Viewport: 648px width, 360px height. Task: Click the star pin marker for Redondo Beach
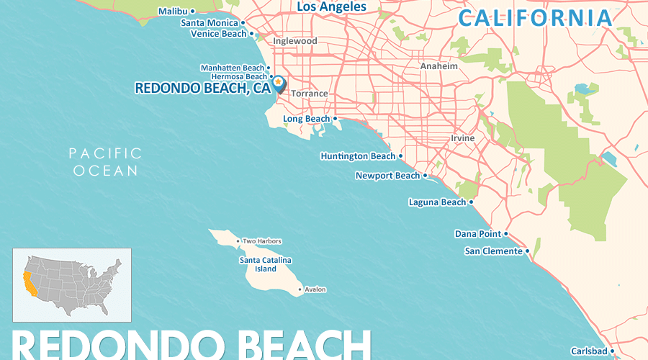tap(278, 84)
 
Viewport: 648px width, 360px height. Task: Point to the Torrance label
tap(309, 94)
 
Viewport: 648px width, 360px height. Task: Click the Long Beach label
tap(306, 119)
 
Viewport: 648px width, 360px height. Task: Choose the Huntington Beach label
tap(358, 156)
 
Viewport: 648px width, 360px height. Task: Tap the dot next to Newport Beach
tap(426, 176)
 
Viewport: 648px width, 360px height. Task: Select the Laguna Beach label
tap(437, 202)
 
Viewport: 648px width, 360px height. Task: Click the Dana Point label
tap(477, 234)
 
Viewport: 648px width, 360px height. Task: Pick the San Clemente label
tap(493, 251)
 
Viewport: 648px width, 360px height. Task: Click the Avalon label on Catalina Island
tap(315, 290)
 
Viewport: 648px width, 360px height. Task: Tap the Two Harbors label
tap(262, 241)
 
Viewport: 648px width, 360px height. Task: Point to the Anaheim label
tap(439, 66)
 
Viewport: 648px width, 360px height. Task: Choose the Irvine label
tap(462, 138)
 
